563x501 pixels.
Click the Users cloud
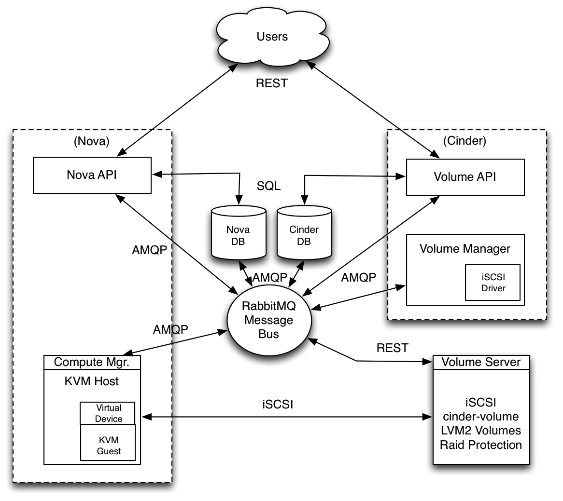(272, 36)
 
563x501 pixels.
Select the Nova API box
(92, 175)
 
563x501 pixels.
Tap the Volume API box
(465, 177)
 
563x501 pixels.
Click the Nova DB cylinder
(239, 233)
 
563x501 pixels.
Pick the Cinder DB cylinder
(304, 233)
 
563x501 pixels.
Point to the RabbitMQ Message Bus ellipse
(269, 320)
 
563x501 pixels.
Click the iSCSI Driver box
(493, 283)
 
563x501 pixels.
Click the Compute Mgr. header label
(92, 362)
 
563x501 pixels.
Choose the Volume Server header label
(481, 362)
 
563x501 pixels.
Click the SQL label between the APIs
(268, 186)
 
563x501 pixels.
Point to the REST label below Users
(272, 83)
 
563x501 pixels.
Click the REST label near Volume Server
(393, 348)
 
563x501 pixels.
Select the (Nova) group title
(92, 141)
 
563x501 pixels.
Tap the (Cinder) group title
(464, 141)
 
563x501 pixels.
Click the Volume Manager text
(465, 248)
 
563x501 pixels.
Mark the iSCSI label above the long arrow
(278, 405)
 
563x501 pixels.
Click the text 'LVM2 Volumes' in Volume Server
(481, 430)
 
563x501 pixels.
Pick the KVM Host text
(92, 381)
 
